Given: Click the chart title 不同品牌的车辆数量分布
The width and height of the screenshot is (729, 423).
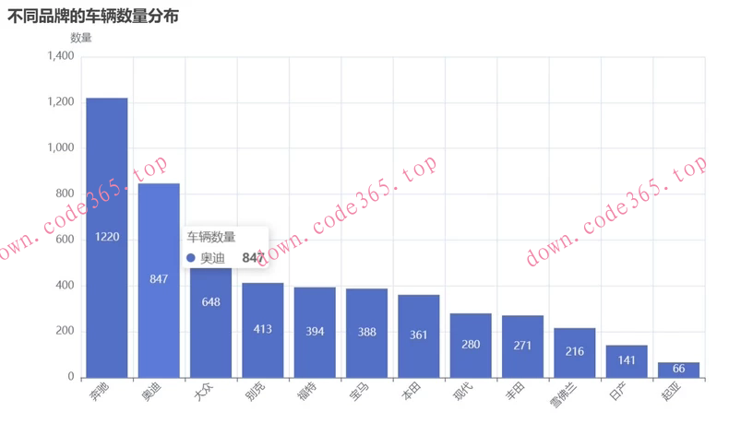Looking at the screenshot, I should point(93,17).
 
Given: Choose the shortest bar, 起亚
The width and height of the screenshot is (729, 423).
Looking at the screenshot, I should point(678,370).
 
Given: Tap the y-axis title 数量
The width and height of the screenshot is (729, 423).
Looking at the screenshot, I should point(81,38).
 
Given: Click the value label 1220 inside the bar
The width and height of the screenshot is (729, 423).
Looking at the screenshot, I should point(107,237).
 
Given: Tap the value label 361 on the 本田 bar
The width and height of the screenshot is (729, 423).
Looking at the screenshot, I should point(419,335).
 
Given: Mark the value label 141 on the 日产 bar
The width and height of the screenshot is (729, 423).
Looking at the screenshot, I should point(627,361).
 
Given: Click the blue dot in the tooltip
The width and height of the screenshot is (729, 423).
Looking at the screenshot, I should point(190,259).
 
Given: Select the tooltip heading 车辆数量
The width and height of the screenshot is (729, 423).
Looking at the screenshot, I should point(211,237).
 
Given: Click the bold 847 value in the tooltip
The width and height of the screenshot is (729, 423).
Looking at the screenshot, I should point(253,258).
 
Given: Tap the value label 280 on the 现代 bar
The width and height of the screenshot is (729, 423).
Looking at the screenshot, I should point(471,345).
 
